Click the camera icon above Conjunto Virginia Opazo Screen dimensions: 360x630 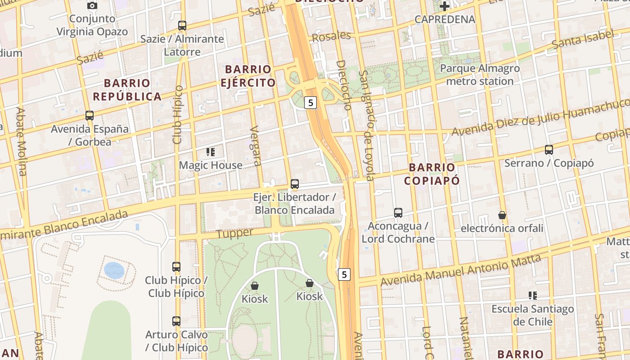(x=92, y=6)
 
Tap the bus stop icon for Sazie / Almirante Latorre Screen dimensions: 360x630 (x=182, y=26)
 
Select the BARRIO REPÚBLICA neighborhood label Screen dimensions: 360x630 (x=127, y=90)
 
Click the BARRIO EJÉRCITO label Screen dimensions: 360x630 (x=248, y=76)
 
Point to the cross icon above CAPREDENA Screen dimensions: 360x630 (x=445, y=6)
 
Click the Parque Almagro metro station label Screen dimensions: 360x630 (x=480, y=75)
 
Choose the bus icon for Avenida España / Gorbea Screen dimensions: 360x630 (x=90, y=116)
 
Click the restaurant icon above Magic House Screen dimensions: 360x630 (x=211, y=152)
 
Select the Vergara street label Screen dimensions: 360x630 (x=255, y=145)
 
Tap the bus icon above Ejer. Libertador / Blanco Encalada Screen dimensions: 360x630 (x=295, y=184)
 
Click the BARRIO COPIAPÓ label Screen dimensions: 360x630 (x=432, y=174)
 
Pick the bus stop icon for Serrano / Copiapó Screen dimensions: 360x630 (x=549, y=150)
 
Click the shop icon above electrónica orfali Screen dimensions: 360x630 (x=502, y=215)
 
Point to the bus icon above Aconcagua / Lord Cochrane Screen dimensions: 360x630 (x=398, y=212)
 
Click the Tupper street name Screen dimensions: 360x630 (x=235, y=233)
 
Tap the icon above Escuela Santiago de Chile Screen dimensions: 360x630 (x=533, y=296)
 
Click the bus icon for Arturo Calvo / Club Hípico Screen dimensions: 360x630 (x=176, y=321)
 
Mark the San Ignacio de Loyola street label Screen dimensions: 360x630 (x=368, y=126)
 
